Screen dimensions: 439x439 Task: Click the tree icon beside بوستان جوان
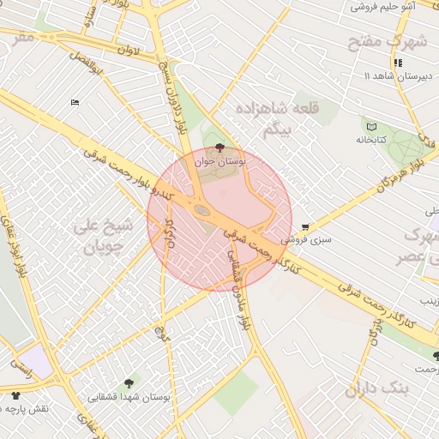tap(220, 148)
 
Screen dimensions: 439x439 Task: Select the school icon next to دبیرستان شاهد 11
tap(397, 63)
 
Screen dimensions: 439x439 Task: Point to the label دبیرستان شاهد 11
tap(396, 77)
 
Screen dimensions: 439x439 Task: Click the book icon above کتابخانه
tap(371, 127)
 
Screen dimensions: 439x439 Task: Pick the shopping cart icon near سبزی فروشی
tap(305, 227)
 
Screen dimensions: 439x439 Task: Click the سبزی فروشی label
tap(310, 240)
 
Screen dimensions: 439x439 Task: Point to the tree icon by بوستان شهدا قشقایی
tap(129, 383)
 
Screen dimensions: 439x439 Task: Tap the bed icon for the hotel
tap(75, 103)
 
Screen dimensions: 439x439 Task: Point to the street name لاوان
tap(128, 51)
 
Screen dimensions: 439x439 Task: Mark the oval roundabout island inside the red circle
tap(201, 209)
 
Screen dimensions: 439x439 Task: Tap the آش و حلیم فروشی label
tap(382, 6)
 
